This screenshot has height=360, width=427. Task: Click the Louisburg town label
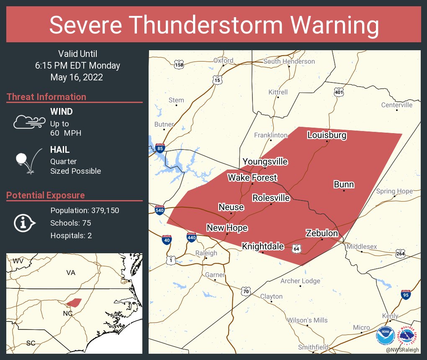[x=327, y=135]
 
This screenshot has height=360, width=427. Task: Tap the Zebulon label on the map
[x=322, y=233]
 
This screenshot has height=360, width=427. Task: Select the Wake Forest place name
[x=252, y=178]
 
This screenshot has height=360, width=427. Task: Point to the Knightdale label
[x=263, y=247]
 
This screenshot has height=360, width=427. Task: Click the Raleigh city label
[x=206, y=253]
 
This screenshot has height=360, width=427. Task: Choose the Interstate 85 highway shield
[x=160, y=147]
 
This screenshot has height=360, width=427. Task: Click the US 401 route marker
[x=339, y=91]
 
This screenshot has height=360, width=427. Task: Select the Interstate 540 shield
[x=159, y=210]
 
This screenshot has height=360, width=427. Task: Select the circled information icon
[x=23, y=223]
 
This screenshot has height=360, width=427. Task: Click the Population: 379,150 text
[x=85, y=210]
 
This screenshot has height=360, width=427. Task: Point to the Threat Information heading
[x=46, y=97]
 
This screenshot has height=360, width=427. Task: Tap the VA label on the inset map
[x=70, y=273]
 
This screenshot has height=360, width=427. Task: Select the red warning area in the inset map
[x=74, y=302]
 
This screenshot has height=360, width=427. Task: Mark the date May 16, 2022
[x=77, y=77]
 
